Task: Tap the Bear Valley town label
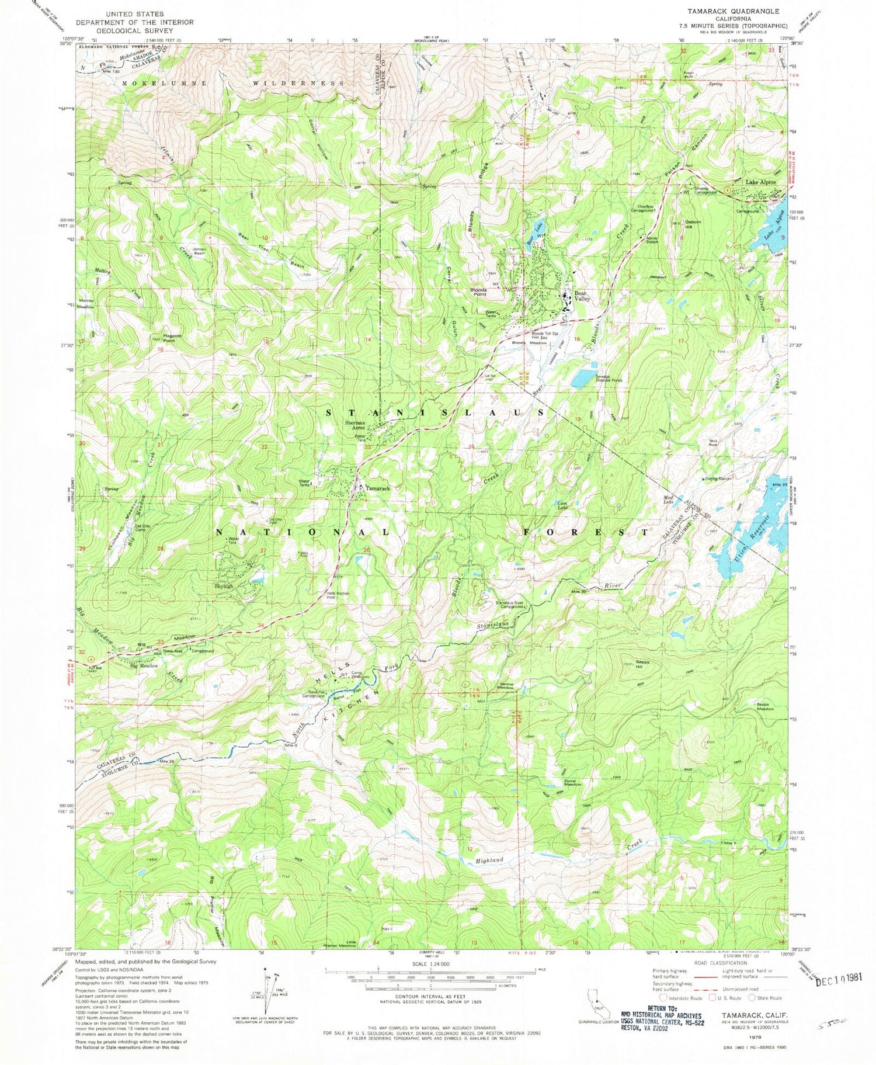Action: tap(582, 296)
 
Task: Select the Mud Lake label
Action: tap(669, 499)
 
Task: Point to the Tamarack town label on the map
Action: tap(378, 488)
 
